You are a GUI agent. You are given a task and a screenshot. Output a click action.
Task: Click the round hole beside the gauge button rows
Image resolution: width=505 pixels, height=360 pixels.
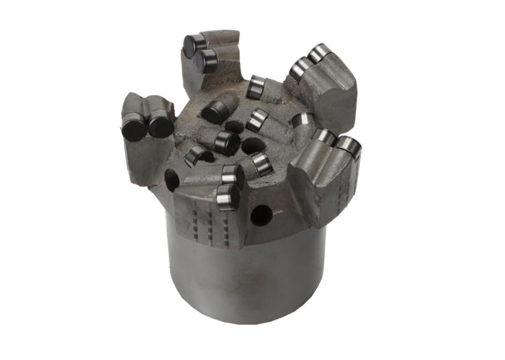click(x=261, y=216)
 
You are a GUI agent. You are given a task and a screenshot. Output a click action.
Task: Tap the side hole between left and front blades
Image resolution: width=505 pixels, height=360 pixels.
click(x=171, y=181)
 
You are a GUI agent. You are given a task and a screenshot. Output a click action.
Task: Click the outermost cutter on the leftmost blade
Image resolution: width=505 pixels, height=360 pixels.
click(x=134, y=127)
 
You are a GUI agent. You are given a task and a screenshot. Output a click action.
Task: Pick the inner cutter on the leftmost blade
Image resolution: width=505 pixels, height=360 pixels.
click(x=161, y=125)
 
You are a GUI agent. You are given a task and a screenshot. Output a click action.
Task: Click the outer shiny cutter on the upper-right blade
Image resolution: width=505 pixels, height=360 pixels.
click(x=319, y=53)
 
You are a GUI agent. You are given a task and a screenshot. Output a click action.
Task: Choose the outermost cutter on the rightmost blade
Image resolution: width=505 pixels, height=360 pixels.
click(x=348, y=146)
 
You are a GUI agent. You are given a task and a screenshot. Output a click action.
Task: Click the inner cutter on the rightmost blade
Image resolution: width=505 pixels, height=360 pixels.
click(x=324, y=139)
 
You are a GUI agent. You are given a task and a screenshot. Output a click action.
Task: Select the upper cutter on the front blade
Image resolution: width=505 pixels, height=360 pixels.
click(x=232, y=177)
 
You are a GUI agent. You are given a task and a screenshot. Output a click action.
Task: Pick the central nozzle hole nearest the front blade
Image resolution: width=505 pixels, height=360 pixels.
click(x=252, y=146)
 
